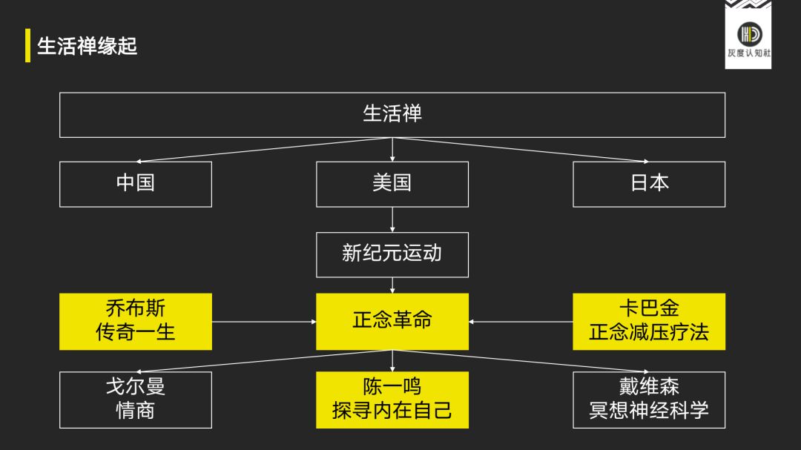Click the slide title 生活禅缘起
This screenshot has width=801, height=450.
coord(88,46)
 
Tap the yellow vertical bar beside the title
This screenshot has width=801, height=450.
coord(27,46)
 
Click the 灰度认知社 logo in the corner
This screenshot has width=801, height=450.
coord(748,37)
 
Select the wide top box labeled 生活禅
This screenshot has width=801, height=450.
coord(392,114)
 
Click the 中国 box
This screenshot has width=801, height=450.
coord(136,184)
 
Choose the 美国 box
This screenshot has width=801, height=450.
coord(392,184)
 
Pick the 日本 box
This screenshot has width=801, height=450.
coord(649,184)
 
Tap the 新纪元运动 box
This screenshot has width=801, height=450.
coord(392,254)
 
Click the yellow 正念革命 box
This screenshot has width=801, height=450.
coord(392,321)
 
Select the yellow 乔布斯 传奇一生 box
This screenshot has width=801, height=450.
coord(136,321)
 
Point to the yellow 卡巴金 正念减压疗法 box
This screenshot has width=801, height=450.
coord(649,321)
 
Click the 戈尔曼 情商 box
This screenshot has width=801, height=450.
coord(136,400)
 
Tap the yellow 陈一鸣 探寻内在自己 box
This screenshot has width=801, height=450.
coord(392,400)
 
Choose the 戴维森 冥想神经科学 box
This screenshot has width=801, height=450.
coord(649,400)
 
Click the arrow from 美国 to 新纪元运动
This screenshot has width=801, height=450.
coord(392,219)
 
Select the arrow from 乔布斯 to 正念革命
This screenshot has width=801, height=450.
coord(264,322)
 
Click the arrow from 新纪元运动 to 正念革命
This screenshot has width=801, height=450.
coord(392,285)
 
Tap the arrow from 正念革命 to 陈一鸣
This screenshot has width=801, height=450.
coord(392,361)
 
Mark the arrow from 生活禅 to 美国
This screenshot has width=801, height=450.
coord(392,149)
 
